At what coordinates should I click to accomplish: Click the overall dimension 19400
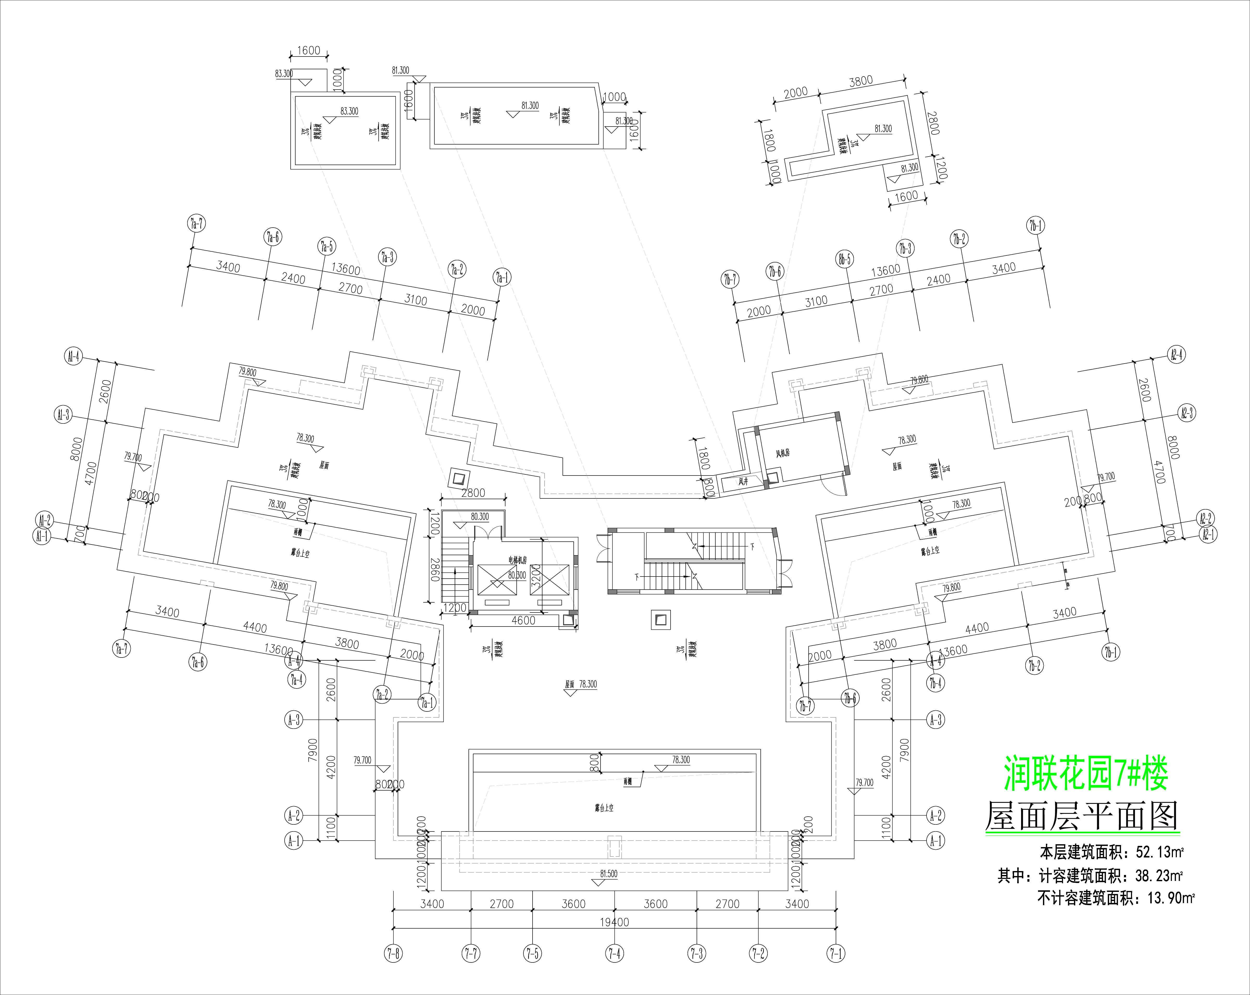coord(615,922)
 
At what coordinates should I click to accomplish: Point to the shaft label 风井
coord(743,481)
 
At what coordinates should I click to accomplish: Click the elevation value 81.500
coord(609,874)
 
